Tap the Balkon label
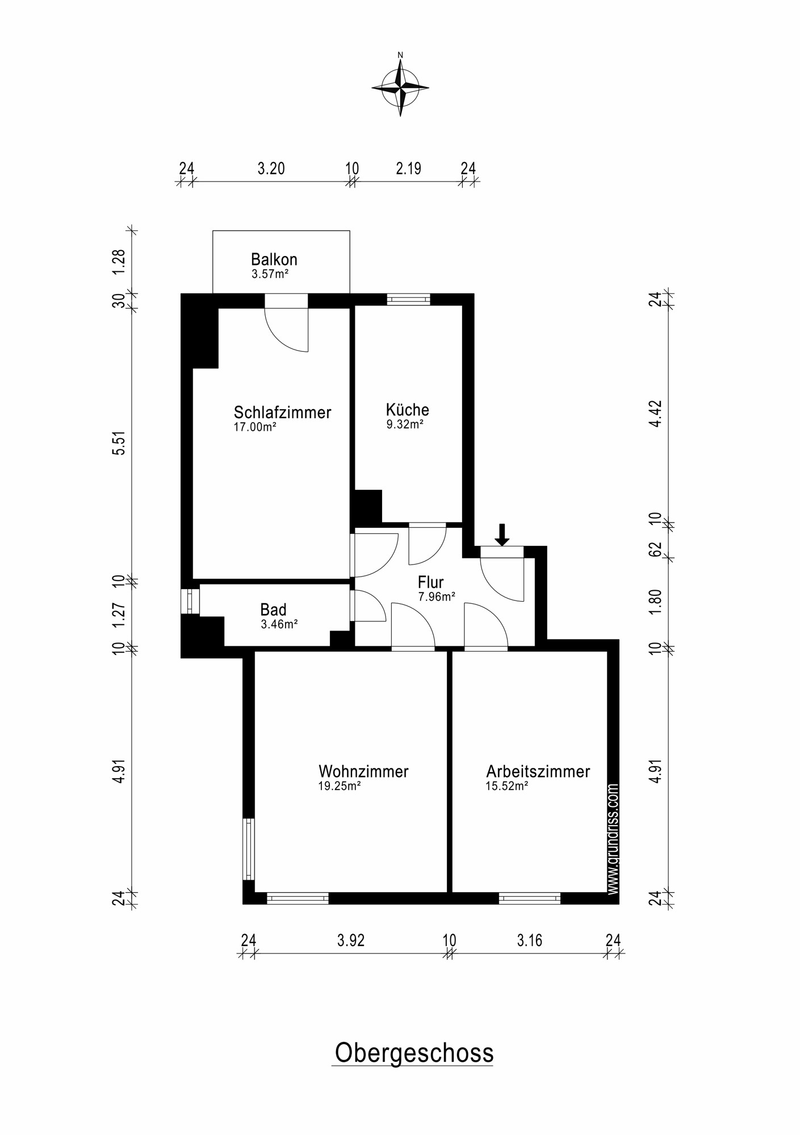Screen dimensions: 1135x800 click(274, 260)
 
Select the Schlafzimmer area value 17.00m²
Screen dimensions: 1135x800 click(255, 427)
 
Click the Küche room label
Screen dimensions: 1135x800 click(407, 410)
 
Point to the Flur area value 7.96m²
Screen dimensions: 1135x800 click(437, 596)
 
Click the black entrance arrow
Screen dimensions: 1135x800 click(501, 534)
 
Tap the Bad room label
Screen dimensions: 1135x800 click(273, 610)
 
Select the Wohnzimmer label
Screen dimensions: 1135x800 click(363, 771)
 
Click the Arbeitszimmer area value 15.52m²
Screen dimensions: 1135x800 click(507, 786)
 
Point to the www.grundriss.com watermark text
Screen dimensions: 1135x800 click(613, 839)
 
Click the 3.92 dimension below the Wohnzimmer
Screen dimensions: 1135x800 click(350, 941)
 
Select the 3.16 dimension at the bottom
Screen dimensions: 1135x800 click(529, 941)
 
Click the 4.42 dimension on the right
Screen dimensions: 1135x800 click(656, 414)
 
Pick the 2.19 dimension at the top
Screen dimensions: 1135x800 click(408, 169)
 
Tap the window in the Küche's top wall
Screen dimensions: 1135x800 click(408, 299)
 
